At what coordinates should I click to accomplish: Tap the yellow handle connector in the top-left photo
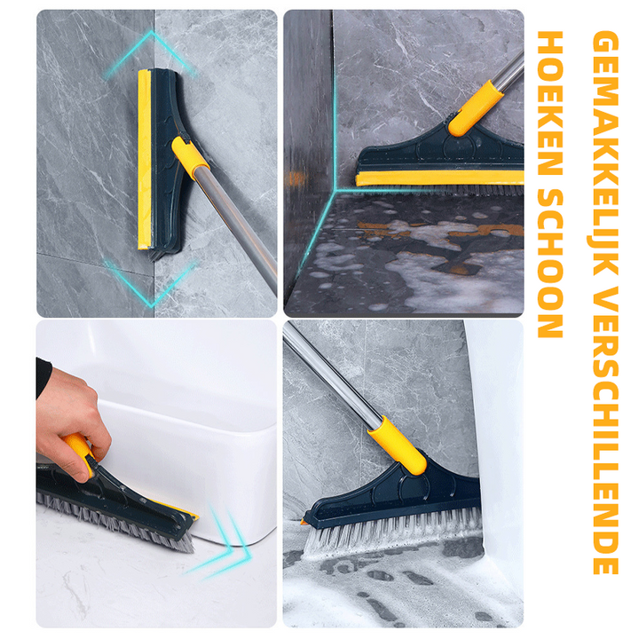tap(190, 157)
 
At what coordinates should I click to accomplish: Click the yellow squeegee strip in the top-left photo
tap(145, 159)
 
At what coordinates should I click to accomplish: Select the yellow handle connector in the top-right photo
tap(475, 108)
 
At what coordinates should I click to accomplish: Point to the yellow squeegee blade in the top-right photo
tap(439, 178)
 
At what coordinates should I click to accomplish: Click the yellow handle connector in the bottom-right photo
tap(398, 445)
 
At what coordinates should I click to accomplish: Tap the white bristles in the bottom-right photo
tap(391, 530)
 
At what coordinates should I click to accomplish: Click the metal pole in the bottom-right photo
tap(332, 373)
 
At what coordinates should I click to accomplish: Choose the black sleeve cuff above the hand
tap(43, 377)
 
